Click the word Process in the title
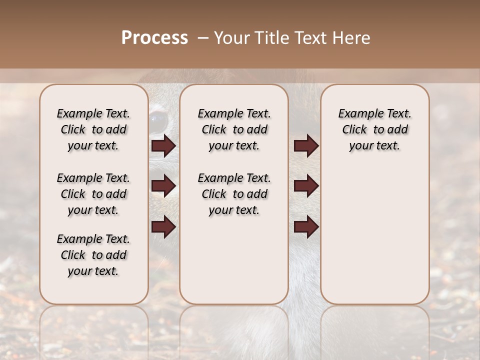[x=154, y=38]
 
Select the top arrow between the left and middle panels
[x=163, y=146]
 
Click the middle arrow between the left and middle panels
[x=163, y=186]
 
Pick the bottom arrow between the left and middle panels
[x=163, y=226]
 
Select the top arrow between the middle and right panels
[x=306, y=146]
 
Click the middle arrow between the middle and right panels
[x=306, y=186]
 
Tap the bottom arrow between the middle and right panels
[x=306, y=226]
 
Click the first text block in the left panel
[x=93, y=129]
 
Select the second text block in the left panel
[x=93, y=194]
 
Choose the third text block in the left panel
[x=93, y=255]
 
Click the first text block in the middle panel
[x=234, y=129]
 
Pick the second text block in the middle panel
[x=234, y=194]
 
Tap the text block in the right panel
[x=374, y=129]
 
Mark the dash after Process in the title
[x=203, y=38]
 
